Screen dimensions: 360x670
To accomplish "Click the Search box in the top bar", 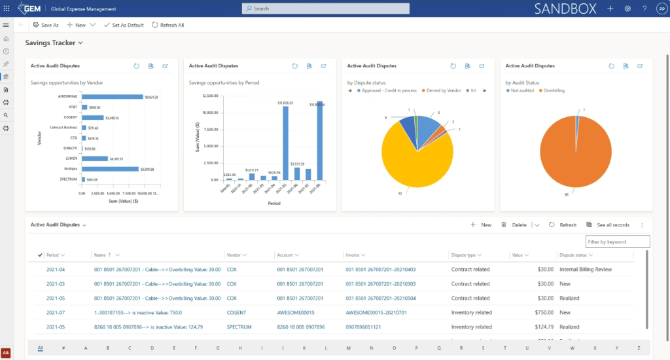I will click(x=325, y=9).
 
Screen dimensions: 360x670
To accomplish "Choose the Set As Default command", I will click(x=124, y=25).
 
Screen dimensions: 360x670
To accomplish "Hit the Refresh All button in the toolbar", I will click(x=168, y=25).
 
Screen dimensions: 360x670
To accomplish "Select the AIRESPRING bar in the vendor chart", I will click(x=112, y=97).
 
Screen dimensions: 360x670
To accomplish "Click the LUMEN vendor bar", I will click(x=94, y=158).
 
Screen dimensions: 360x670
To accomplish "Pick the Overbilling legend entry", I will click(x=554, y=90).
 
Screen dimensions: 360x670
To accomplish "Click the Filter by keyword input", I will click(x=617, y=242).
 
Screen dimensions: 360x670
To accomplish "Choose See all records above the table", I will click(x=608, y=225).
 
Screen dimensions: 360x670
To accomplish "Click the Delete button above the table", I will click(x=514, y=225).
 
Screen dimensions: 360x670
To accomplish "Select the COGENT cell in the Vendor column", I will click(x=236, y=313).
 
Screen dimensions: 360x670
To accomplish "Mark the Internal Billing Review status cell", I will click(x=585, y=269).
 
